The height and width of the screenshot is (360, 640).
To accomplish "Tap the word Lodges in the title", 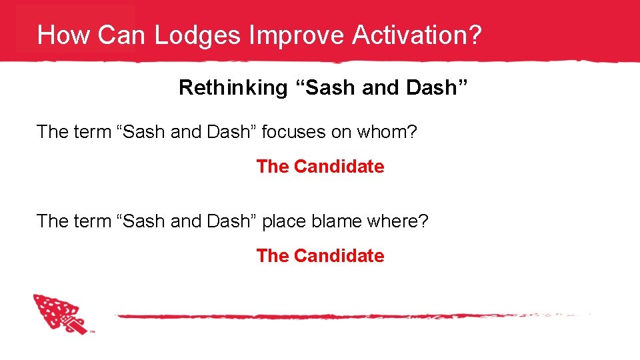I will (x=197, y=35).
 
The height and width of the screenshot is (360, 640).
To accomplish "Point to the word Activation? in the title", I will (x=417, y=35).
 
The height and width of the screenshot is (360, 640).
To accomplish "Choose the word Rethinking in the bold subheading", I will (x=232, y=87).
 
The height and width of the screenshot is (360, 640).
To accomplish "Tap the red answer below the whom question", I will (x=320, y=167).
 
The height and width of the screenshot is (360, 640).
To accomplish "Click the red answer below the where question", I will (x=320, y=256).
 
